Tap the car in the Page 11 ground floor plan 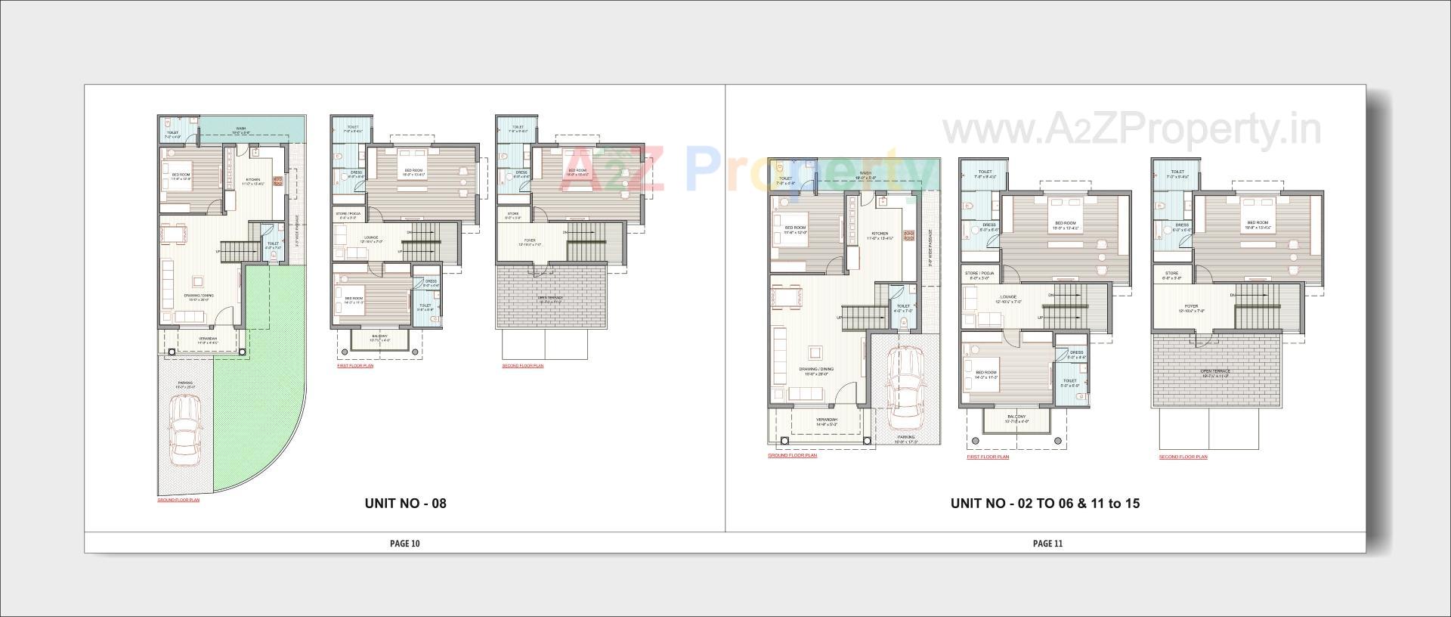point(905,388)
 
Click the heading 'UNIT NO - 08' point(405,503)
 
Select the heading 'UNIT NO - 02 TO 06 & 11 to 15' point(1045,503)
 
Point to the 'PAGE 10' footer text point(404,543)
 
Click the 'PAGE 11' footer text point(1047,543)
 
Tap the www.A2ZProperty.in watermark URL point(1131,130)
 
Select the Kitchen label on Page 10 point(252,179)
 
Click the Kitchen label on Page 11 point(880,234)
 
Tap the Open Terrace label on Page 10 point(550,298)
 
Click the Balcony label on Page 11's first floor point(1016,417)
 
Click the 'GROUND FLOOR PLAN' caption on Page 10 point(178,501)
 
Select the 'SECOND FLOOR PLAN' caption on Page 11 point(1183,457)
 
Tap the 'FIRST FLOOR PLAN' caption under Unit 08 point(355,366)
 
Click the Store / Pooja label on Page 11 point(979,273)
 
